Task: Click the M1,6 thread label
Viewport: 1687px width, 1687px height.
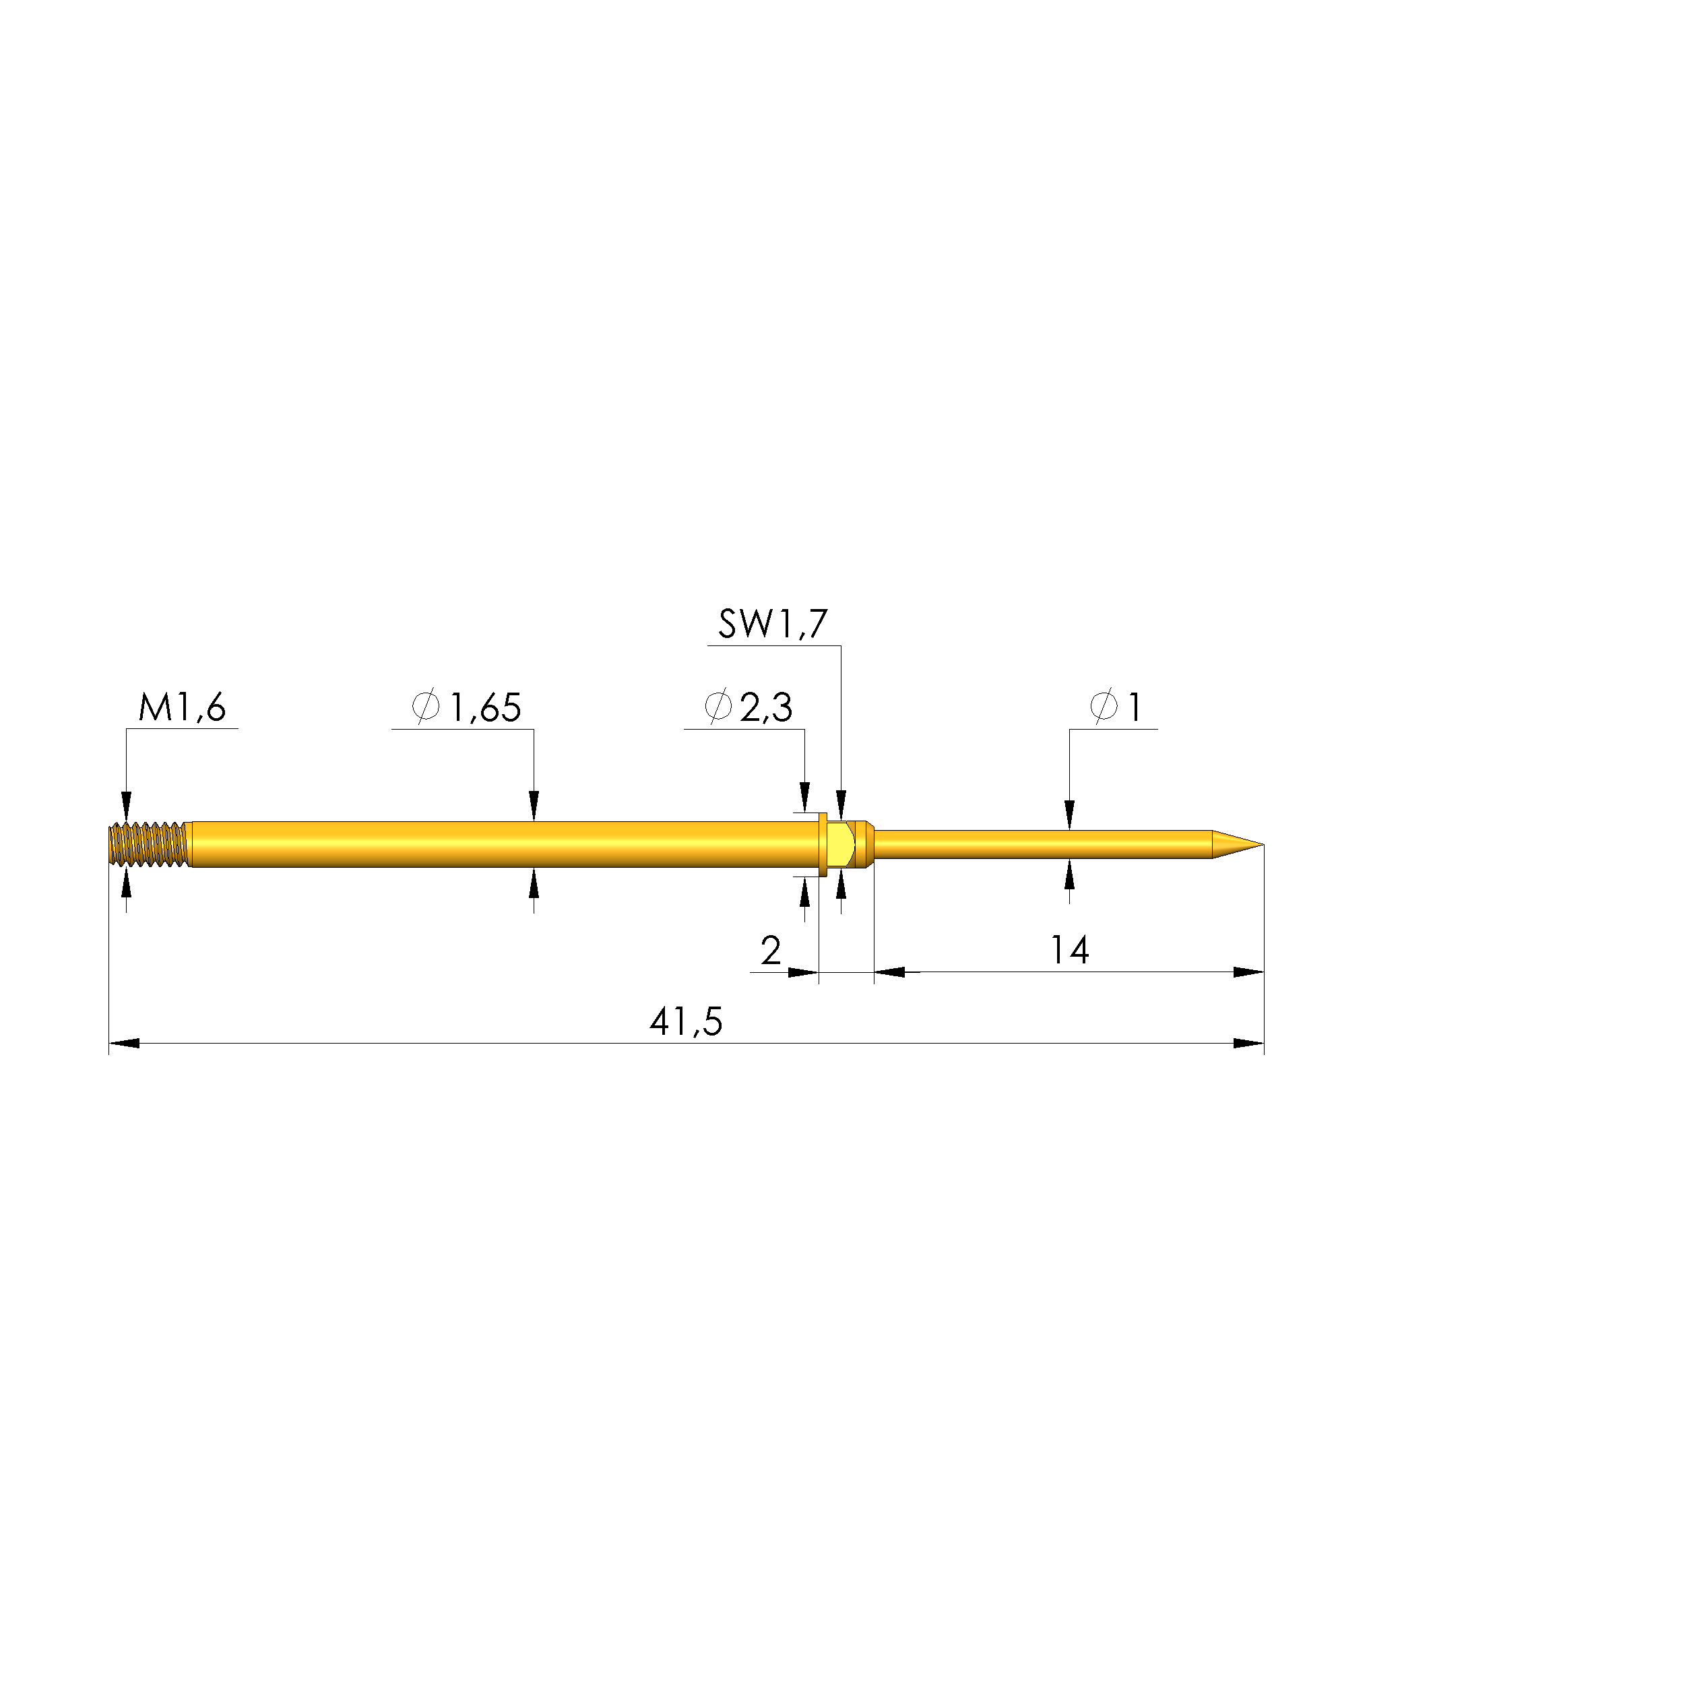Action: pyautogui.click(x=182, y=707)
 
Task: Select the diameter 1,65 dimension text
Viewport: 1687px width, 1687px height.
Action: pyautogui.click(x=466, y=707)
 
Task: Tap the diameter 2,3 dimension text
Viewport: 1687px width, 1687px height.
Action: pyautogui.click(x=749, y=707)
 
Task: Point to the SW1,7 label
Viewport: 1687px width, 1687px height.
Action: pyautogui.click(x=773, y=623)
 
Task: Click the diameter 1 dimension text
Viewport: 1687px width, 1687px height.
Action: pyautogui.click(x=1116, y=707)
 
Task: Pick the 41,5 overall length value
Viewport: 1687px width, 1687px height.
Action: pyautogui.click(x=687, y=1021)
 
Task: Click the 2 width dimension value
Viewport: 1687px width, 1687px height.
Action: pyautogui.click(x=771, y=950)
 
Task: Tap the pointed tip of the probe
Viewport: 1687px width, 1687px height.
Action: pyautogui.click(x=1263, y=844)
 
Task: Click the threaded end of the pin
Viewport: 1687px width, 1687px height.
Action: pyautogui.click(x=148, y=844)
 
